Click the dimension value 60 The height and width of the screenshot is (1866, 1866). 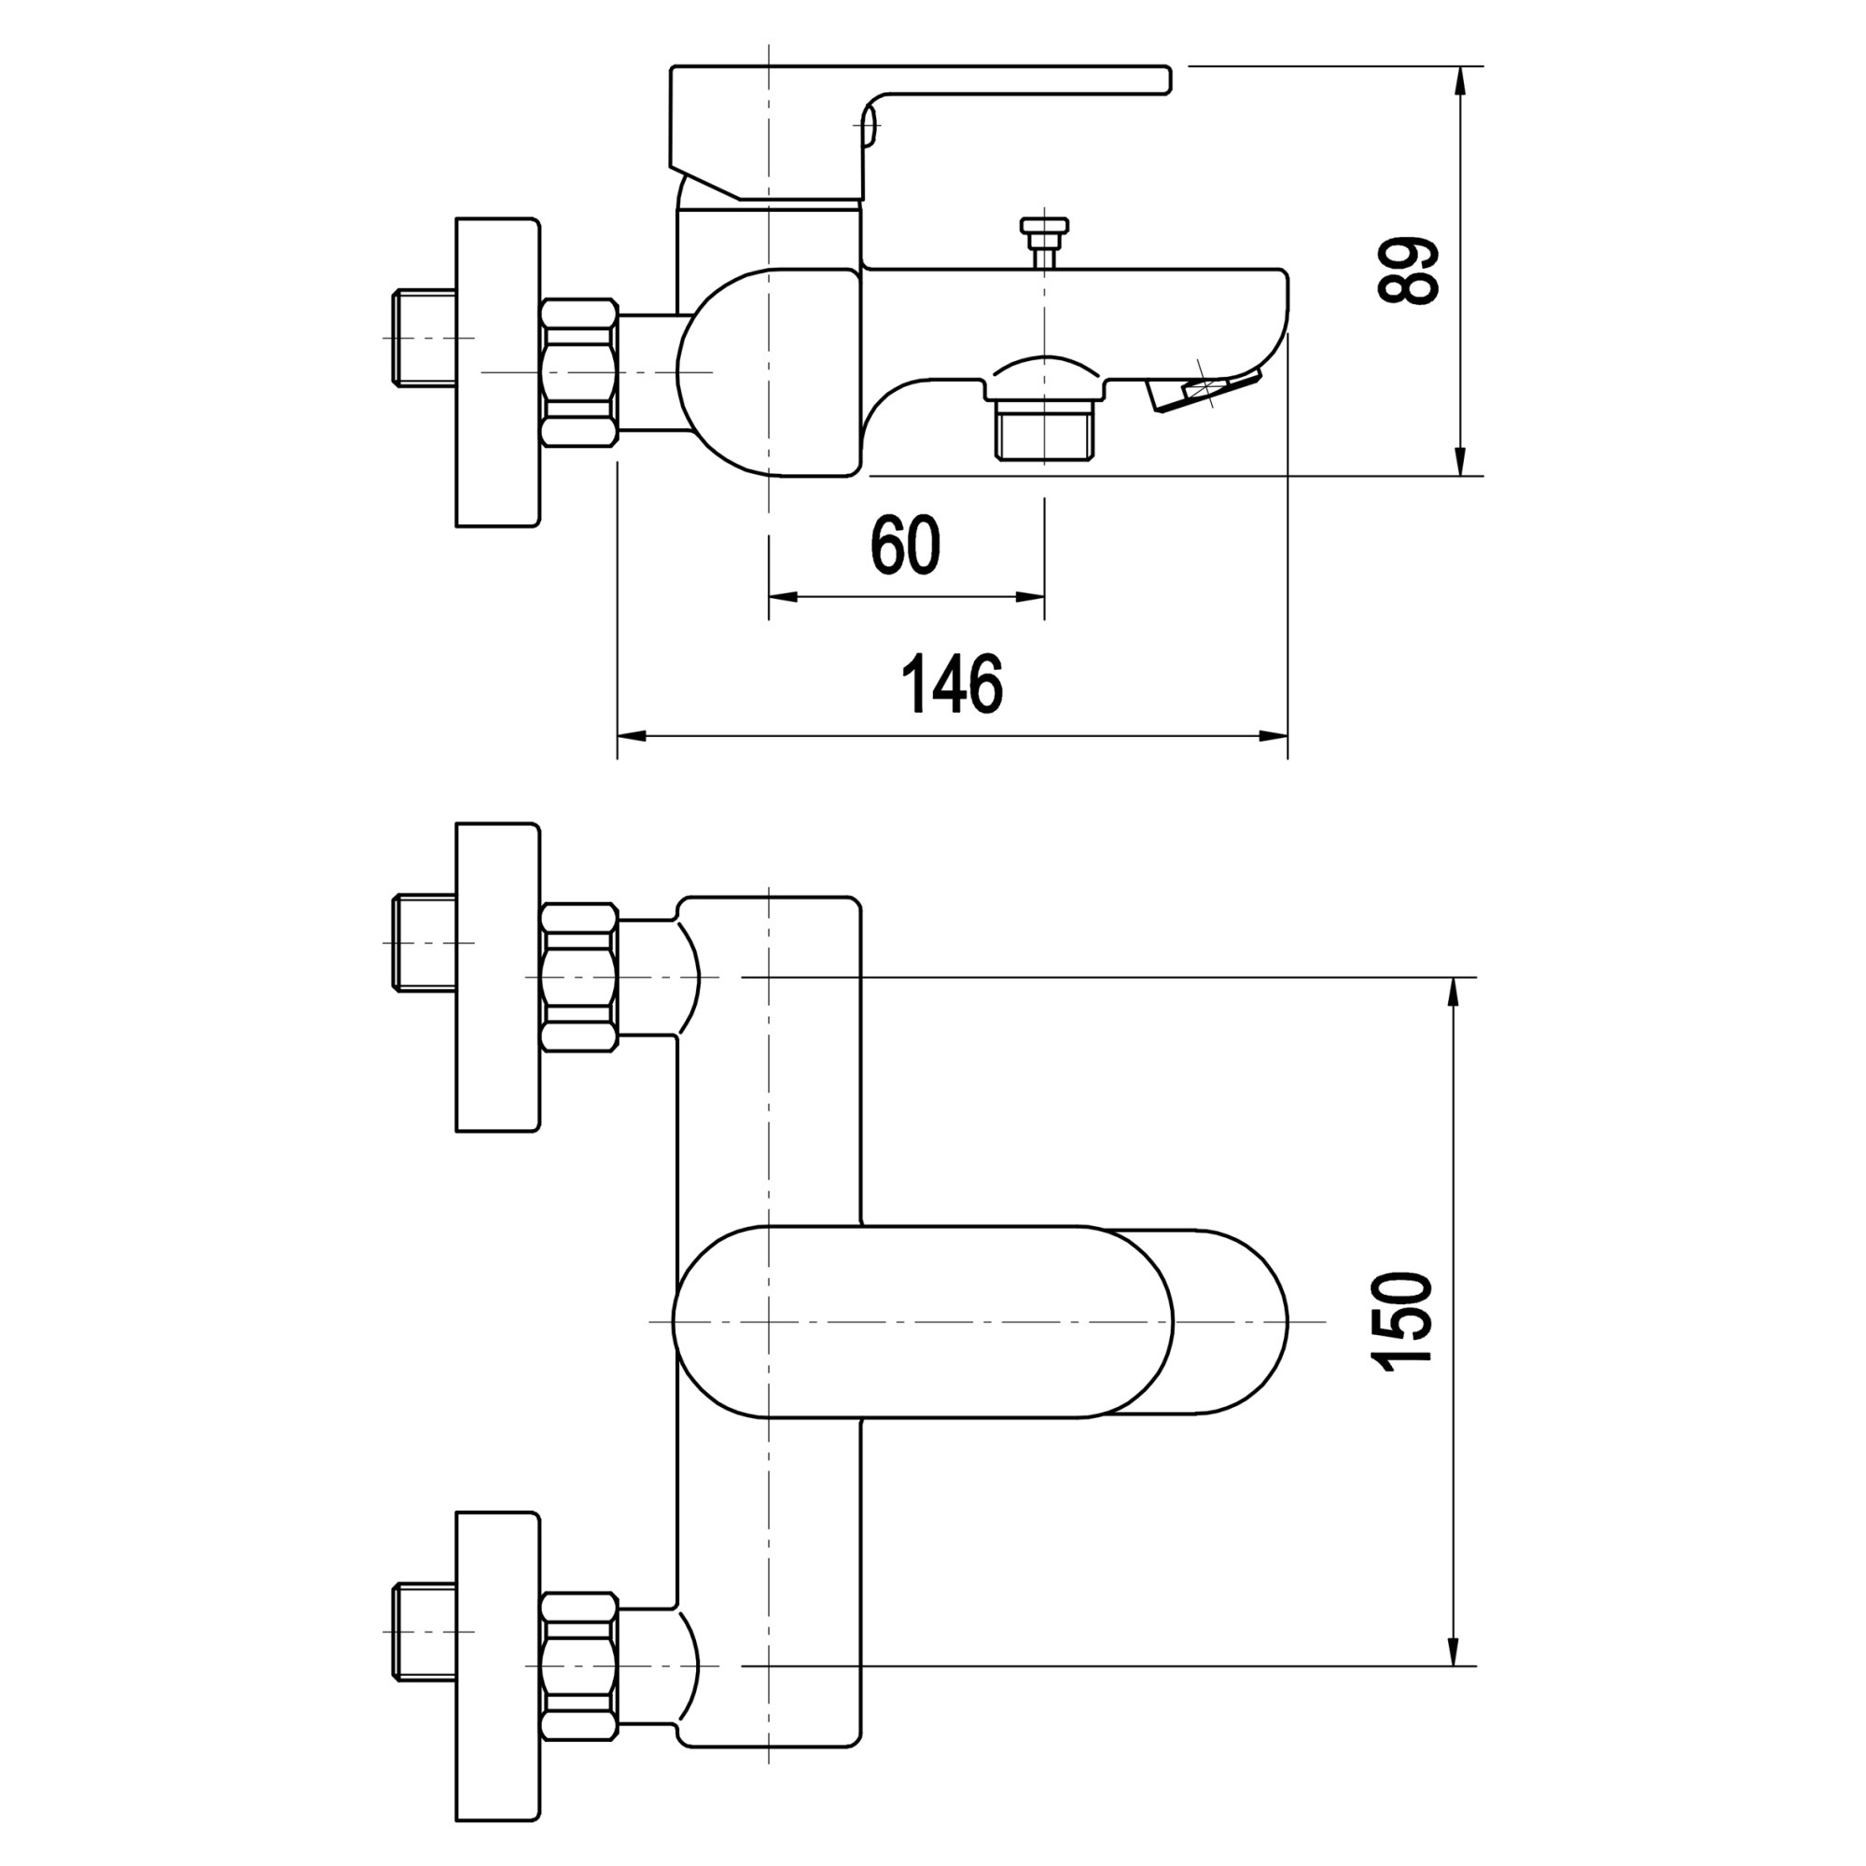[x=905, y=546]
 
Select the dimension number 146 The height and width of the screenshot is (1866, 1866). [x=952, y=684]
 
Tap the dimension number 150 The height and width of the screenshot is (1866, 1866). [x=1401, y=1322]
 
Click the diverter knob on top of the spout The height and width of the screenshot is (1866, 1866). [x=1044, y=231]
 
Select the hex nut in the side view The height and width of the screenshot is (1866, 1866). [x=578, y=373]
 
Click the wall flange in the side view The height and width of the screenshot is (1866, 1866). [x=496, y=373]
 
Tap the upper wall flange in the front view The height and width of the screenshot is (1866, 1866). [x=496, y=978]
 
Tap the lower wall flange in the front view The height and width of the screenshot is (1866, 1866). [x=496, y=1665]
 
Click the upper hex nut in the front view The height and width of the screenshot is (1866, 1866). [x=578, y=978]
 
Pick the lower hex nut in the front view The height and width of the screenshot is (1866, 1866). [x=578, y=1666]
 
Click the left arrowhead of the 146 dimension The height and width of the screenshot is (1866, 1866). [x=630, y=737]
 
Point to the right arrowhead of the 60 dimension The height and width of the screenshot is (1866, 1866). [x=1032, y=597]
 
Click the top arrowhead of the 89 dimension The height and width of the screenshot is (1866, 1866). [x=1460, y=79]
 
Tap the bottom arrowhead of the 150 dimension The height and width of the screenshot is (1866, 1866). [x=1453, y=1652]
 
